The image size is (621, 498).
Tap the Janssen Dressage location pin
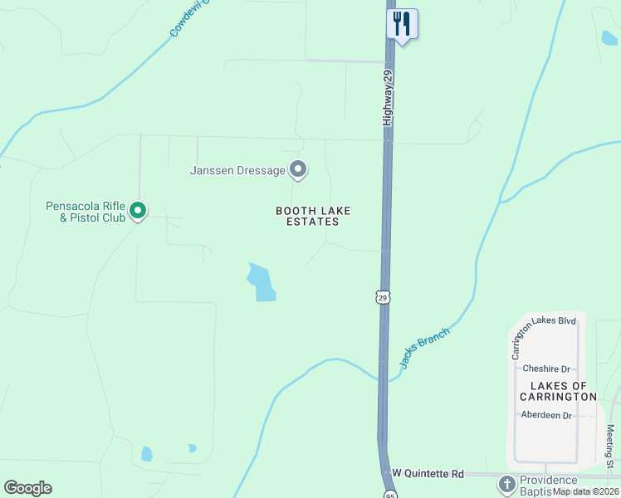pos(298,170)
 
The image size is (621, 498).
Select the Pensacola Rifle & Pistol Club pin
pos(139,212)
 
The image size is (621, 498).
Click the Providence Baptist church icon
pos(506,483)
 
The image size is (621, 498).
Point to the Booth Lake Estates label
pos(307,216)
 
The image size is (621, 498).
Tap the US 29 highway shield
pos(382,297)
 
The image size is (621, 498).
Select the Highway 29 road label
pos(387,98)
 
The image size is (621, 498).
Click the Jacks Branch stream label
pos(424,347)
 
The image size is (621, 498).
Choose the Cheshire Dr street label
pos(545,369)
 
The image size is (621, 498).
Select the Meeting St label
pos(610,447)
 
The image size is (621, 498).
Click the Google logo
pos(27,488)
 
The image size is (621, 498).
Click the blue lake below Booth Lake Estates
pos(262,282)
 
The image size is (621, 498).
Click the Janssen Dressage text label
pos(238,171)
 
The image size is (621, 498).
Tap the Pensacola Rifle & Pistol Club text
pos(86,212)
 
